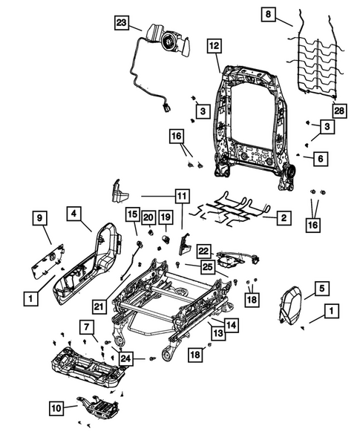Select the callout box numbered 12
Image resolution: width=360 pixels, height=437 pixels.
coord(213,46)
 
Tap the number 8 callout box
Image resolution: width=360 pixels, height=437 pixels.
coord(269,14)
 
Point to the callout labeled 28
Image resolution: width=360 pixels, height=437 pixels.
coord(339,111)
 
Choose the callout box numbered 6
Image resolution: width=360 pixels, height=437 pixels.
coord(321,158)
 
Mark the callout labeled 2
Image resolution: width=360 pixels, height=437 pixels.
coord(283,218)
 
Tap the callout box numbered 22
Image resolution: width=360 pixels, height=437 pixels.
coord(205,252)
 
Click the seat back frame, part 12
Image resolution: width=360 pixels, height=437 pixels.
coord(252,119)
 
